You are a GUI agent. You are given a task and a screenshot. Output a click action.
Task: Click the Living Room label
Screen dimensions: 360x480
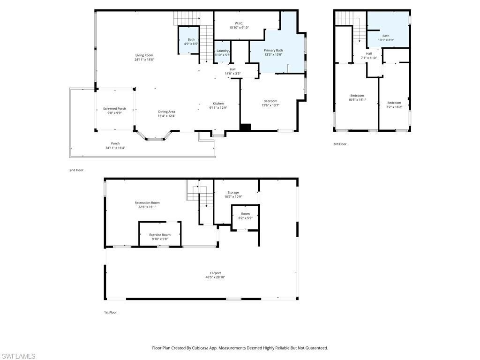[x=144, y=55]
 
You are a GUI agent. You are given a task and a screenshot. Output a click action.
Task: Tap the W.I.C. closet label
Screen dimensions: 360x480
[x=239, y=23]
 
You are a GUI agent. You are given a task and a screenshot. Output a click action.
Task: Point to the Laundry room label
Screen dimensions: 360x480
[x=222, y=51]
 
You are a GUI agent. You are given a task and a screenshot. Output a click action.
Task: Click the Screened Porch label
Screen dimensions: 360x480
[x=114, y=109]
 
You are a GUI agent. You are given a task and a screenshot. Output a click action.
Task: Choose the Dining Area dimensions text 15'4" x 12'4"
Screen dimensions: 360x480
[x=166, y=116]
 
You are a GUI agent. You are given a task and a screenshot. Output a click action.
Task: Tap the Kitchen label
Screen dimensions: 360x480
[x=218, y=104]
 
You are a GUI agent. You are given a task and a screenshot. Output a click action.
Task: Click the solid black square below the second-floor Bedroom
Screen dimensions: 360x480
[x=245, y=127]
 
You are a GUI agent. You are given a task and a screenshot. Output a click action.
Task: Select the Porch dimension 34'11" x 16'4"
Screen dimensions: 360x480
[x=115, y=148]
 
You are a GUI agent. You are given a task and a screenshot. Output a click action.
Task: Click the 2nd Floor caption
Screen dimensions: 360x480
[x=76, y=170]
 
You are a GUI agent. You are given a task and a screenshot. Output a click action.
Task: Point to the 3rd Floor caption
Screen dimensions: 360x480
[x=340, y=144]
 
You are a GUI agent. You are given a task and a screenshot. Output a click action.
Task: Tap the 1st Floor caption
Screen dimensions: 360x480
[x=110, y=312]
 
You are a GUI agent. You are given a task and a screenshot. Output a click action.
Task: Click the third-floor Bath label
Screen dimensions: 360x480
[x=386, y=36]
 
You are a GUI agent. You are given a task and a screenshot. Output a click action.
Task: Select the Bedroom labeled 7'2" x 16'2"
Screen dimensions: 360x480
[x=394, y=103]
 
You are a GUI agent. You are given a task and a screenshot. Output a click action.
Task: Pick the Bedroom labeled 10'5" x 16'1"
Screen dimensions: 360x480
[x=357, y=96]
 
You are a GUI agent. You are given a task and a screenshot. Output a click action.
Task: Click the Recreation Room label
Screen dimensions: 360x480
[x=147, y=203]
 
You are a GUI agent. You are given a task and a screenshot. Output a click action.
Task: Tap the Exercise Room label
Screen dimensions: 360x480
[x=160, y=234]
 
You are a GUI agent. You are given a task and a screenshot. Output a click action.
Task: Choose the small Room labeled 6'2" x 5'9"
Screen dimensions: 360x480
[x=245, y=214]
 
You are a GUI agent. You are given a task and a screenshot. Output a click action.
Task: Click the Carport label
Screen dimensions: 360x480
[x=215, y=273]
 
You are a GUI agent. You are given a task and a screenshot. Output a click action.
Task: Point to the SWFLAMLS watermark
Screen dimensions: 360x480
[x=18, y=356]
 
